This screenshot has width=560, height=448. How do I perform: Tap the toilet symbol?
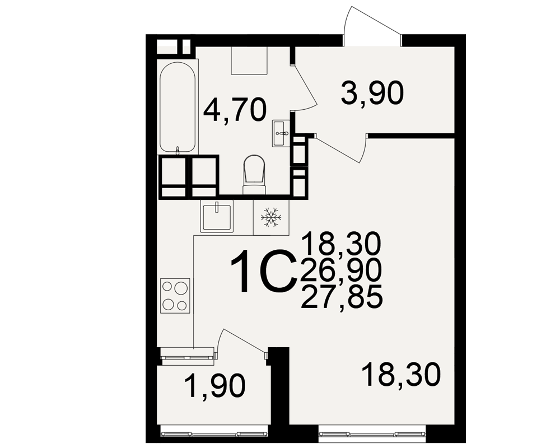pos(255,175)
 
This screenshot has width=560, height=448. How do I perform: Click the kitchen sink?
pos(217,216)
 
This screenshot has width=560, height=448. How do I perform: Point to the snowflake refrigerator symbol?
pos(271,217)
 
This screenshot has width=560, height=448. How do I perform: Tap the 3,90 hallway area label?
pos(372,92)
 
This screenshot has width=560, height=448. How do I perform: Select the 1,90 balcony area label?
pos(214,386)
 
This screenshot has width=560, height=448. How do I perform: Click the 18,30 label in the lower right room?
pos(401,374)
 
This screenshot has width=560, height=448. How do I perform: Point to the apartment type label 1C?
pos(264,271)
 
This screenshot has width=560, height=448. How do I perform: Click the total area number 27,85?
pos(342,297)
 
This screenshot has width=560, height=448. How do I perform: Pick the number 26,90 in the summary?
pos(342,270)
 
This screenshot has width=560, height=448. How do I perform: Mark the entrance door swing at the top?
pos(373,26)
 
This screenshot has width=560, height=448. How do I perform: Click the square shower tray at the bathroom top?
pos(249,60)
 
